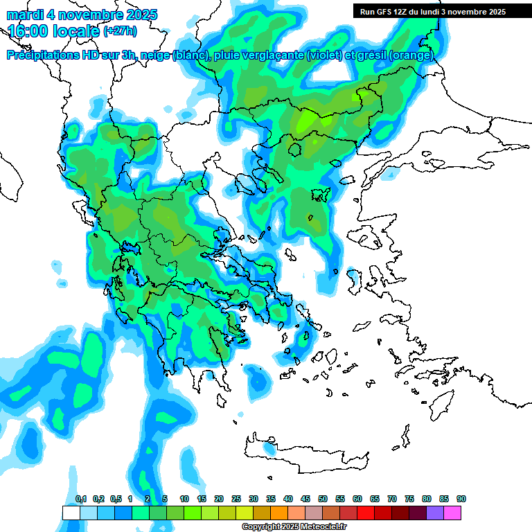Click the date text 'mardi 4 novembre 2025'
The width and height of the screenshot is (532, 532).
pyautogui.click(x=82, y=15)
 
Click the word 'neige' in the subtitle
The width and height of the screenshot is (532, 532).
pyautogui.click(x=157, y=55)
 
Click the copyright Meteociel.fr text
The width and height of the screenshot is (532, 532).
pyautogui.click(x=294, y=527)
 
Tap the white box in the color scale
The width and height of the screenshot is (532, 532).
pyautogui.click(x=71, y=513)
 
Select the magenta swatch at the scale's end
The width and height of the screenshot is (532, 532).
pyautogui.click(x=452, y=513)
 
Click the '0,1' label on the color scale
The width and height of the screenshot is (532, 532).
pyautogui.click(x=81, y=499)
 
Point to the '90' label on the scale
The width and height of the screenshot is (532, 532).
pyautogui.click(x=461, y=499)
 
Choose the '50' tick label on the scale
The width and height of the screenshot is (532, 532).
pyautogui.click(x=323, y=499)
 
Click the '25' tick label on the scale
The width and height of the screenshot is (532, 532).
pyautogui.click(x=236, y=499)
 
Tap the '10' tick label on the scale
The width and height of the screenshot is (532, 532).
pyautogui.click(x=184, y=499)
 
